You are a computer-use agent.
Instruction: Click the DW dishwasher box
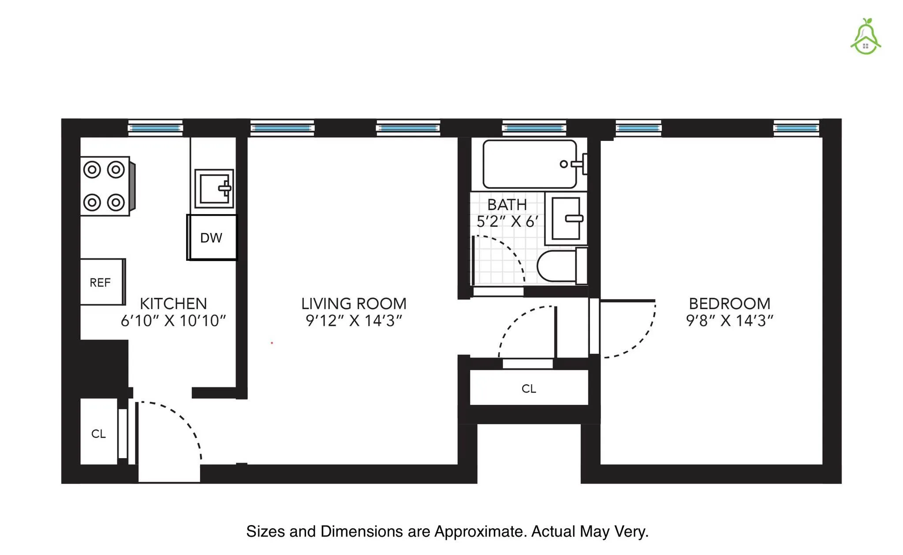point(212,238)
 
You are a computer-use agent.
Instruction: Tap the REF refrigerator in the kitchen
point(101,282)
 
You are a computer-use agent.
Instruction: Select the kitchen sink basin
point(214,189)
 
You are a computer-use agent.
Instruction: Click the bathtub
point(529,164)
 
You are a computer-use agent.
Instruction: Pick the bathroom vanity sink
point(566,218)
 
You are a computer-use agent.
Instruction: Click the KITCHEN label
point(173,303)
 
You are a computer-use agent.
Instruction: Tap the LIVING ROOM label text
point(354,303)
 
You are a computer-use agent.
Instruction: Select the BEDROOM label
point(729,303)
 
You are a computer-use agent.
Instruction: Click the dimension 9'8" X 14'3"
point(729,321)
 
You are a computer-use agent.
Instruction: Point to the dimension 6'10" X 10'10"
point(173,321)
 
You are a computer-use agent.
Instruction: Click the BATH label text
point(507,205)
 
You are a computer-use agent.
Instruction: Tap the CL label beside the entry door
point(98,434)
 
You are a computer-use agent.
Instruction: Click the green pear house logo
point(866,37)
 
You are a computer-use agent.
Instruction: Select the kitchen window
point(155,128)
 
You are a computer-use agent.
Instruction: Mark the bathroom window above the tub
point(534,128)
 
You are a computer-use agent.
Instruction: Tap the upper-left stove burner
point(92,170)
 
